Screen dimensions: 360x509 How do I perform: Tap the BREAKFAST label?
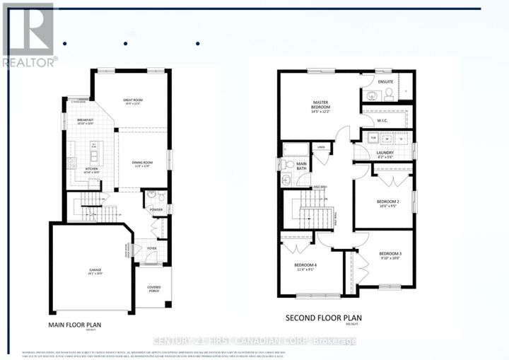coord(86,121)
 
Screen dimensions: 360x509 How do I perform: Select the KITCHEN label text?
coord(92,169)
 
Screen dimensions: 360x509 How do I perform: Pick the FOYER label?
coord(152,248)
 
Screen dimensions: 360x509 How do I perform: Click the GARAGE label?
coord(95,270)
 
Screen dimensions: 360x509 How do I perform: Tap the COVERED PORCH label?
coord(154,289)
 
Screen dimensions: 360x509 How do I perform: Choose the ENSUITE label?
coord(385,81)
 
